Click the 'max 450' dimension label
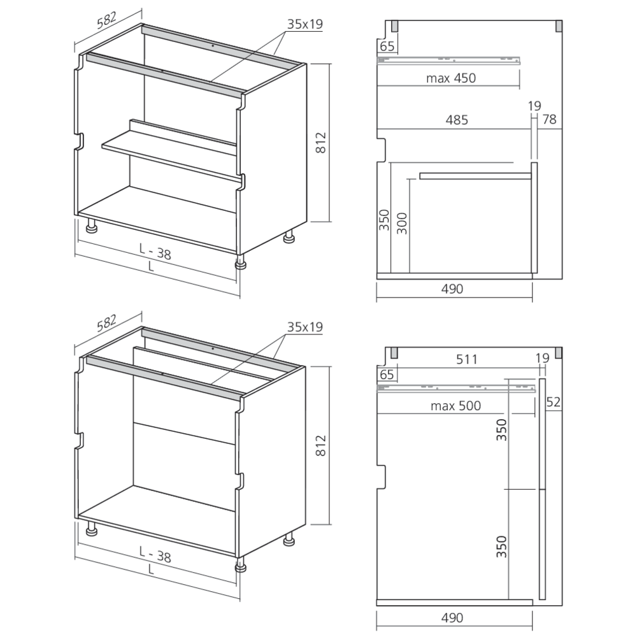coord(452,78)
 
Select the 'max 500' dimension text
coord(455,406)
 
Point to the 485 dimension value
coord(456,119)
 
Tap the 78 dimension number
coord(549,119)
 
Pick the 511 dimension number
coord(467,359)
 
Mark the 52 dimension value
coord(552,402)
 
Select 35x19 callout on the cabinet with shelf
coord(304,25)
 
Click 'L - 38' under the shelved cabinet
coord(155,254)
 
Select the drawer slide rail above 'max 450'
coord(448,60)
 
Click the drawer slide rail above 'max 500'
coord(455,387)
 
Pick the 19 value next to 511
coord(541,359)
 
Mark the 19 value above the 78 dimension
coord(534,106)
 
